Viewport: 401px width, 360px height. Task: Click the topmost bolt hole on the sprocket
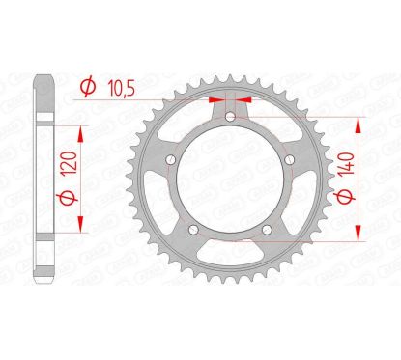pos(232,120)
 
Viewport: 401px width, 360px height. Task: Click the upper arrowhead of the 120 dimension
pos(78,130)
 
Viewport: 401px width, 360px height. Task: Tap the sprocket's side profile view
pos(43,179)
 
